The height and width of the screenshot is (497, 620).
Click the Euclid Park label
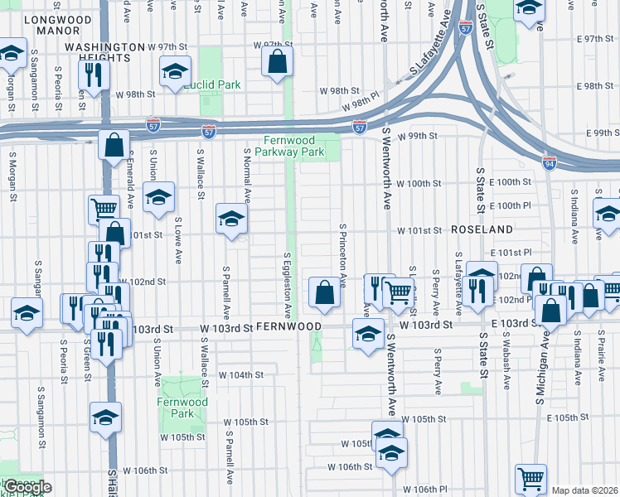(x=212, y=84)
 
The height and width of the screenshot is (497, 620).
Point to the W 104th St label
(x=240, y=374)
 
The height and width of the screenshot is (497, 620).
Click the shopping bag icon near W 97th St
(x=277, y=61)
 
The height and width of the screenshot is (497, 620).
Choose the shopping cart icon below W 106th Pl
(x=530, y=478)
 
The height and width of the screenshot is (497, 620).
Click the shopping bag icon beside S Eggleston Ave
(x=324, y=292)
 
